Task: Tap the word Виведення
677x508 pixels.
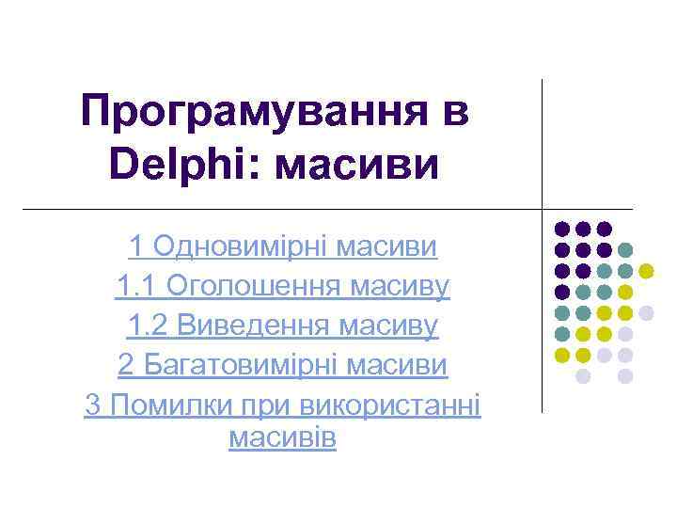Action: pyautogui.click(x=248, y=325)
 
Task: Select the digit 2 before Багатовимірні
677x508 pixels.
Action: pyautogui.click(x=126, y=363)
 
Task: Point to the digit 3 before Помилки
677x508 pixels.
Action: pyautogui.click(x=92, y=405)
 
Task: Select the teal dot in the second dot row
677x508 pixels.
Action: pyautogui.click(x=625, y=250)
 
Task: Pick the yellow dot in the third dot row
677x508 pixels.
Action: pyautogui.click(x=646, y=271)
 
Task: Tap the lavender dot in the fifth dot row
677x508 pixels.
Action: pyautogui.click(x=625, y=334)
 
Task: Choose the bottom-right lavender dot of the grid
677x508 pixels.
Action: pyautogui.click(x=625, y=376)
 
